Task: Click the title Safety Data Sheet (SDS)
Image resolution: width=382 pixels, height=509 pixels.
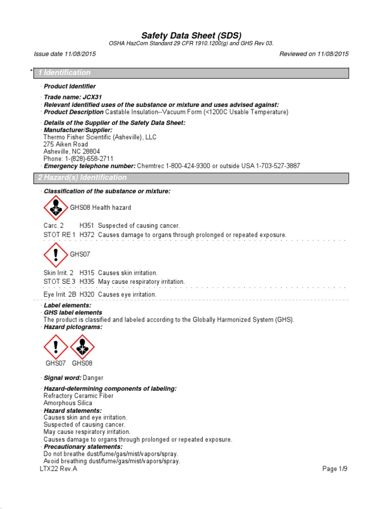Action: click(191, 35)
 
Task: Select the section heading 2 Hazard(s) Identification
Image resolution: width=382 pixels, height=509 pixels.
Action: click(83, 178)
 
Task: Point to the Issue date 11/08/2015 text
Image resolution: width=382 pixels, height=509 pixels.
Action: click(65, 54)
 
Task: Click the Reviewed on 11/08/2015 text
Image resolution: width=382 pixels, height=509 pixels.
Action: click(314, 54)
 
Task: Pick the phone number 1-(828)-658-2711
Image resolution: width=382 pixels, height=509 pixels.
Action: click(86, 159)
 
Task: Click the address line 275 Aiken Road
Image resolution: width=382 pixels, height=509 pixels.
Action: click(66, 144)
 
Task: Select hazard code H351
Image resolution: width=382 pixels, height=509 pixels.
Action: click(87, 226)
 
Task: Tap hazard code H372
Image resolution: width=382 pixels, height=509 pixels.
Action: click(87, 235)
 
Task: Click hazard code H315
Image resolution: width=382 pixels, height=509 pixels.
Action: click(87, 273)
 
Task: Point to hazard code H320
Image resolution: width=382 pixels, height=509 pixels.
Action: click(87, 295)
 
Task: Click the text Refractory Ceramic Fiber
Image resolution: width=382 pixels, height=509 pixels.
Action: click(79, 396)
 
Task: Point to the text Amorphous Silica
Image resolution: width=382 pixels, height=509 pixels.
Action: click(68, 403)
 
